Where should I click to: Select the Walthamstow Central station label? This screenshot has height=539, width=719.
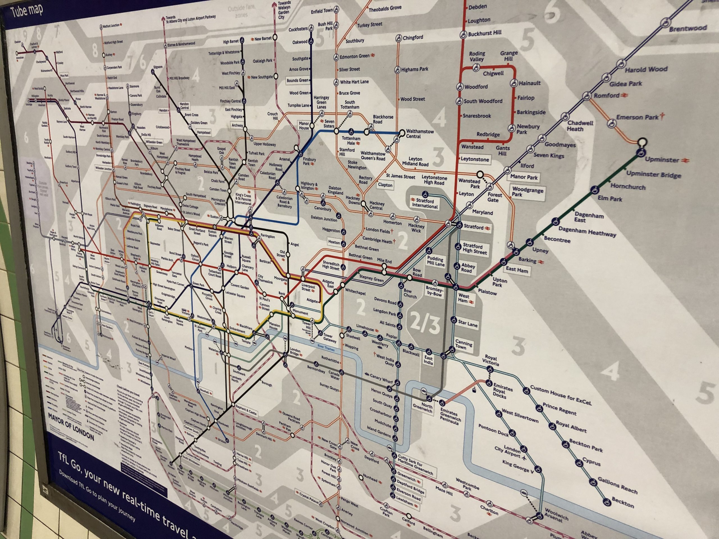point(420,134)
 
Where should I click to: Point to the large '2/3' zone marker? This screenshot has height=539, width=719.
point(425,323)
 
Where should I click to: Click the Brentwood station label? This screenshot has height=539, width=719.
point(688,29)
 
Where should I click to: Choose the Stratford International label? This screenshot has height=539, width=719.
point(425,203)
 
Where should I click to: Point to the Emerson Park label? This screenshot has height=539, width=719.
point(637,117)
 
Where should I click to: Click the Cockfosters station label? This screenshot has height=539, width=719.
point(298,29)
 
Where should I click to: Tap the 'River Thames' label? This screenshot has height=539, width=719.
point(326,348)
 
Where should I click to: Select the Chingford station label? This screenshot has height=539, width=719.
point(413,38)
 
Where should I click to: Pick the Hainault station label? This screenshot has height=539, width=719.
point(529,83)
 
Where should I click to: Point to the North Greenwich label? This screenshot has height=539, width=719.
point(423,408)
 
